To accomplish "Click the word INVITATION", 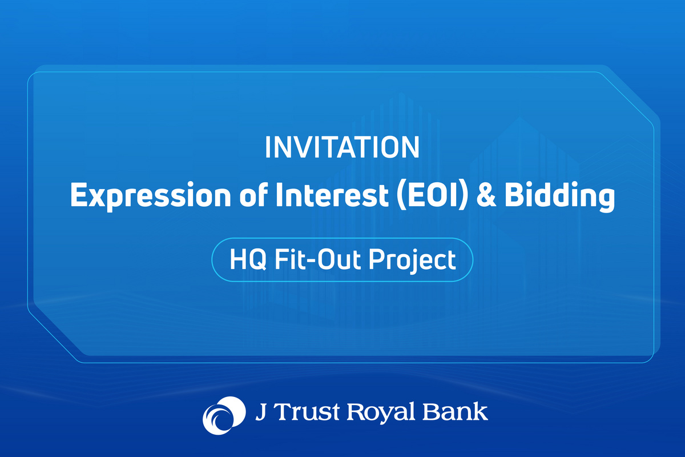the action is click(x=342, y=147).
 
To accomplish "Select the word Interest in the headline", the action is click(x=332, y=194).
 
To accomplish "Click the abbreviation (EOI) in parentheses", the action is click(x=433, y=195).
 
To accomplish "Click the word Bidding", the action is click(x=559, y=196).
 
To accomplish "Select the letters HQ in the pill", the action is click(x=248, y=259).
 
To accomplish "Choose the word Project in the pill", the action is click(x=412, y=260).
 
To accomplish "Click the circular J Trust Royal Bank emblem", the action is click(x=224, y=415).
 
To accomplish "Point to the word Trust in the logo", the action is click(x=308, y=412).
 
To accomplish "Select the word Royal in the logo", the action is click(x=381, y=413).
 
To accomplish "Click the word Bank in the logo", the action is click(x=455, y=411).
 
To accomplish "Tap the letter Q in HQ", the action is click(x=257, y=260).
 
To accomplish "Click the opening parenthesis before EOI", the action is click(x=401, y=196).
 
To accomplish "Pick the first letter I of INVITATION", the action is click(x=267, y=147).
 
